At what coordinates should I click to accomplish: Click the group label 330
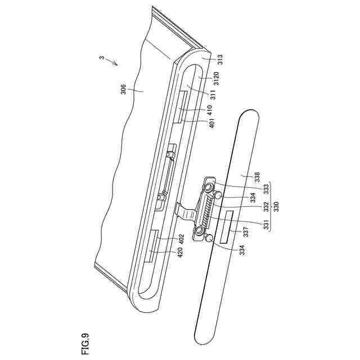(276, 206)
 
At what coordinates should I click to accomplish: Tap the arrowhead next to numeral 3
(117, 65)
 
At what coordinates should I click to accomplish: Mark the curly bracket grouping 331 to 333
(271, 206)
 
